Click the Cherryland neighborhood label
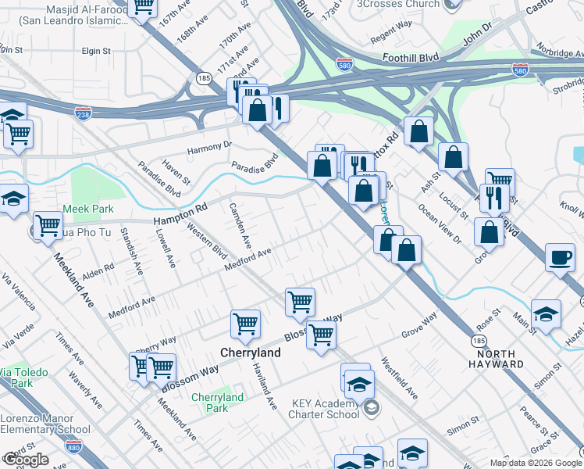[x=250, y=353]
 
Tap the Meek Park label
[x=88, y=209]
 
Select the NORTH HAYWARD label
[x=497, y=359]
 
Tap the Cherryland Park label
[x=218, y=403]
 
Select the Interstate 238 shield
[x=83, y=113]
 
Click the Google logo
[x=25, y=460]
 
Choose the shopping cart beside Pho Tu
[x=48, y=227]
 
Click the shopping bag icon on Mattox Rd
[x=419, y=134]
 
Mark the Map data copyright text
[x=536, y=463]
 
